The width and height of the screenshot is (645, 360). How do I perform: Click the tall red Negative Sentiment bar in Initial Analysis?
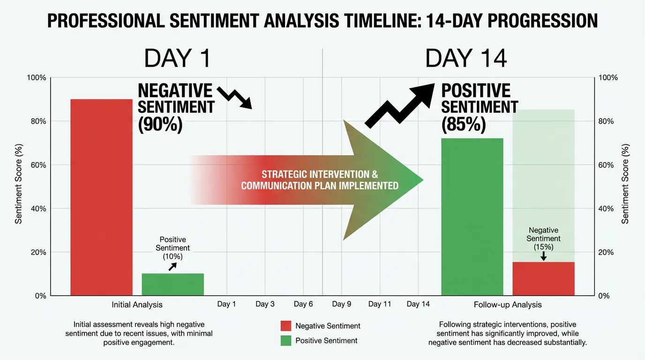click(101, 197)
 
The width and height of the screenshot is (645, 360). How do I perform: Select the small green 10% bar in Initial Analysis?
click(172, 284)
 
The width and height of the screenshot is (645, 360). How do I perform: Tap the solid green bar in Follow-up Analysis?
click(472, 217)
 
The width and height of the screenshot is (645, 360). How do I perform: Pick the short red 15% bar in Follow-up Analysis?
click(543, 278)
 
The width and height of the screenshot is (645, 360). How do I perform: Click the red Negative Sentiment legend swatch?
click(286, 326)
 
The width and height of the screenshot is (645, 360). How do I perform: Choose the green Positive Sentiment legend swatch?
click(286, 341)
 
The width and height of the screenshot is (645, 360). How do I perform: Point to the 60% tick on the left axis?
click(37, 165)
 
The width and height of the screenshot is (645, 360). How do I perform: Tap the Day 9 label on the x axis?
click(342, 304)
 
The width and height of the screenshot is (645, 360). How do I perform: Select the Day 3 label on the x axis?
click(265, 304)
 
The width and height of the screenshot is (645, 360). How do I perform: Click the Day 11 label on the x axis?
click(380, 304)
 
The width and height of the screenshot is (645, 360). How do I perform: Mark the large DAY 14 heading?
click(466, 59)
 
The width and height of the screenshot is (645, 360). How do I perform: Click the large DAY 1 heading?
click(177, 59)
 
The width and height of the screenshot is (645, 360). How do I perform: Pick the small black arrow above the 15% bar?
click(543, 256)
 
